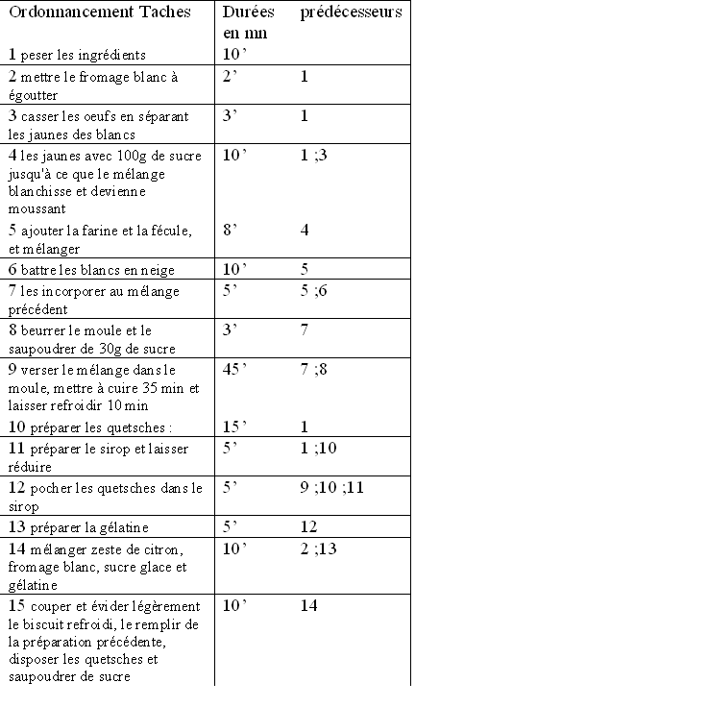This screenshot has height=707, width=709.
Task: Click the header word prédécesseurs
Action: click(351, 12)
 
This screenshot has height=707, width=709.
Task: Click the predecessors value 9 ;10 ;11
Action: click(332, 488)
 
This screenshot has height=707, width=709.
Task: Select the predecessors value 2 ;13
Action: click(319, 548)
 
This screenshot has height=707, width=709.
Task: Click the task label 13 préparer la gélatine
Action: click(79, 527)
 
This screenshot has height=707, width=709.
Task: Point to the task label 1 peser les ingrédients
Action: click(77, 55)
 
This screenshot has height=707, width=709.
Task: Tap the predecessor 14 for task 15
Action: click(308, 605)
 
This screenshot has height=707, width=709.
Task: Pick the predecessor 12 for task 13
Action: click(308, 527)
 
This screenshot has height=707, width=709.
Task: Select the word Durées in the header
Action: click(248, 12)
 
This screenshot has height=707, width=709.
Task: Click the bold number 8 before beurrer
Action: click(12, 330)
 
